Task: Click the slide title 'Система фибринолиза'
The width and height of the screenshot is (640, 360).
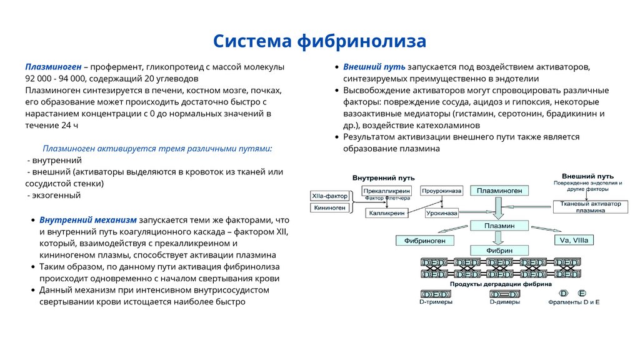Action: [x=319, y=41]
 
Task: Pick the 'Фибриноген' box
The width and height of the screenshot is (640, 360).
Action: [x=424, y=239]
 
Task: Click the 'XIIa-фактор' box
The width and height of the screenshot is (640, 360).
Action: [x=330, y=196]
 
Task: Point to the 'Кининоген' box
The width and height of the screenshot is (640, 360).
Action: [x=330, y=207]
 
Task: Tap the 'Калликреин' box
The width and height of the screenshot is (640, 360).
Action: [x=387, y=213]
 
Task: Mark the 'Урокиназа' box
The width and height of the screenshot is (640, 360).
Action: [x=441, y=213]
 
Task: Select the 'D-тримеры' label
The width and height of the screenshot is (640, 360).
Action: [x=436, y=302]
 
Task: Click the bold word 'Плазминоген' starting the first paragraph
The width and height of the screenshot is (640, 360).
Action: [x=53, y=67]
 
